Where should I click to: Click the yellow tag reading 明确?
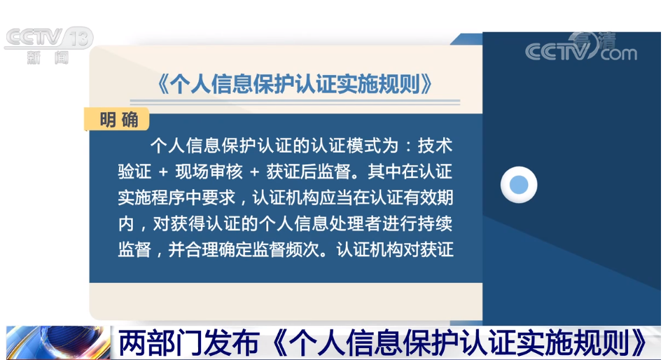pyautogui.click(x=117, y=119)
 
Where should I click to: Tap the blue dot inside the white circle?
pyautogui.click(x=518, y=185)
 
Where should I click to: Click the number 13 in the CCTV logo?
pyautogui.click(x=79, y=38)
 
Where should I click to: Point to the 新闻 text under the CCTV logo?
pyautogui.click(x=48, y=57)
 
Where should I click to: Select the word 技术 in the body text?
pyautogui.click(x=435, y=146)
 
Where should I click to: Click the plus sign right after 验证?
pyautogui.click(x=163, y=172)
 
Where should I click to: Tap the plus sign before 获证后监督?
pyautogui.click(x=254, y=172)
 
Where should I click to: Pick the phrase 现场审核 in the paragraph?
pyautogui.click(x=209, y=172)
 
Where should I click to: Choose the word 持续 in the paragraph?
pyautogui.click(x=435, y=223)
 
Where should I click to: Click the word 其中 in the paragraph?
pyautogui.click(x=384, y=172)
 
